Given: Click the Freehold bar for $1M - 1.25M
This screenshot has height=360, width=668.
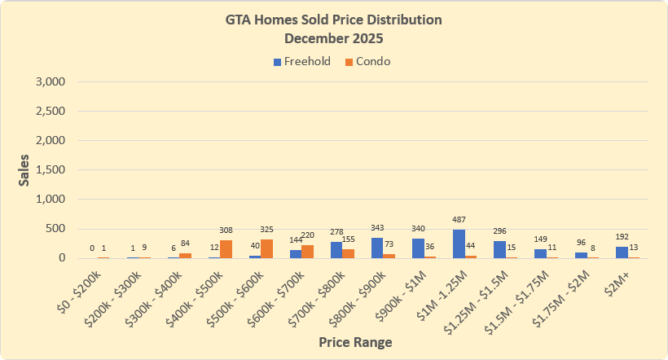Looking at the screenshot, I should [459, 244].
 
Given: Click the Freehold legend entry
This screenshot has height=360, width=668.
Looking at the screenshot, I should [301, 61].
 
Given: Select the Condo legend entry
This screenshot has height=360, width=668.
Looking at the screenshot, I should [371, 61].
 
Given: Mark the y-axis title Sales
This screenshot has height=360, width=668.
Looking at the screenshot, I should [24, 169].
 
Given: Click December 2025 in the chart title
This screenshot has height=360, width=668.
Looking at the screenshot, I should [335, 38].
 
